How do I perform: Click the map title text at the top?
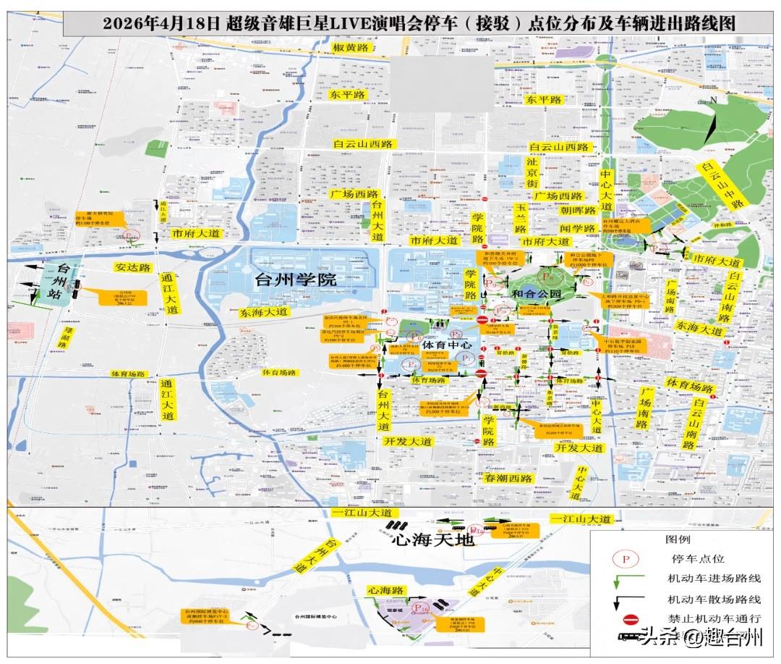pyautogui.click(x=419, y=23)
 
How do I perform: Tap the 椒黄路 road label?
pyautogui.click(x=351, y=48)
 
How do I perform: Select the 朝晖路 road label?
pyautogui.click(x=579, y=210)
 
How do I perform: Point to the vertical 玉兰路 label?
pyautogui.click(x=520, y=217)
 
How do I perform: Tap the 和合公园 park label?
pyautogui.click(x=536, y=295)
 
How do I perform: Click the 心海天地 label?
pyautogui.click(x=432, y=540)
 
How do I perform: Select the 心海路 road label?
pyautogui.click(x=385, y=591)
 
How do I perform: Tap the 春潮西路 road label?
pyautogui.click(x=508, y=479)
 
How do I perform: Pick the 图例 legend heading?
pyautogui.click(x=678, y=539)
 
